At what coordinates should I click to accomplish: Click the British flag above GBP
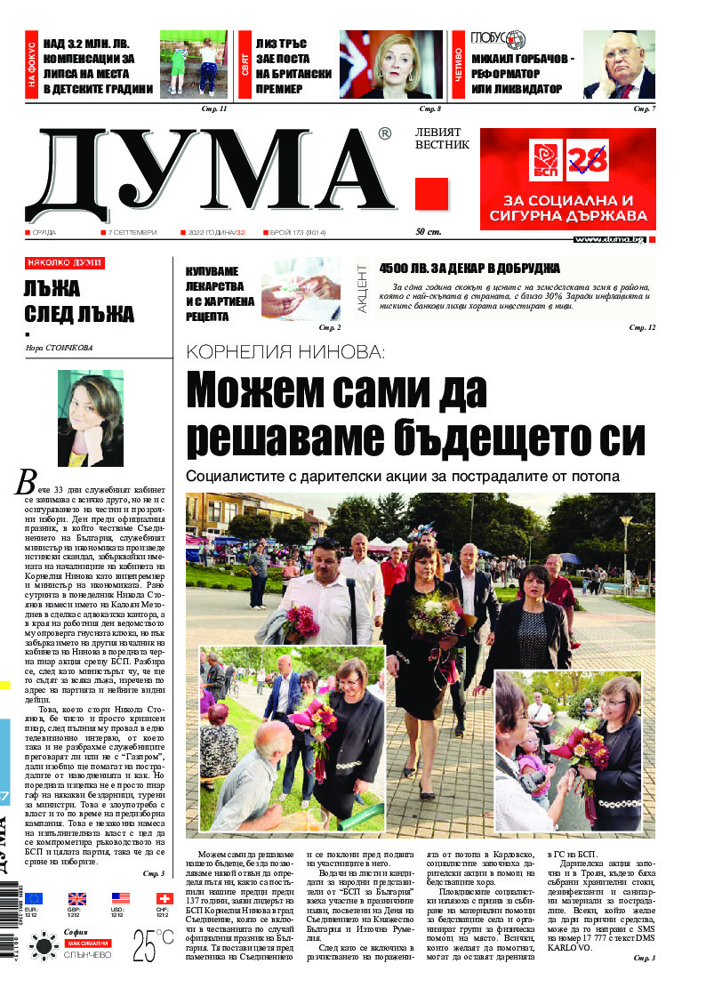click(77, 898)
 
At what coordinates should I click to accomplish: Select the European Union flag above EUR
click(34, 898)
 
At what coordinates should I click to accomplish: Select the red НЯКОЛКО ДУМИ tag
click(65, 263)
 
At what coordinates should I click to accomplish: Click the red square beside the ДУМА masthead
click(431, 194)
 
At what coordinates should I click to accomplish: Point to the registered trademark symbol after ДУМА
click(384, 134)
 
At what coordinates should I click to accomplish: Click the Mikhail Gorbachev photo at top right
click(619, 64)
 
